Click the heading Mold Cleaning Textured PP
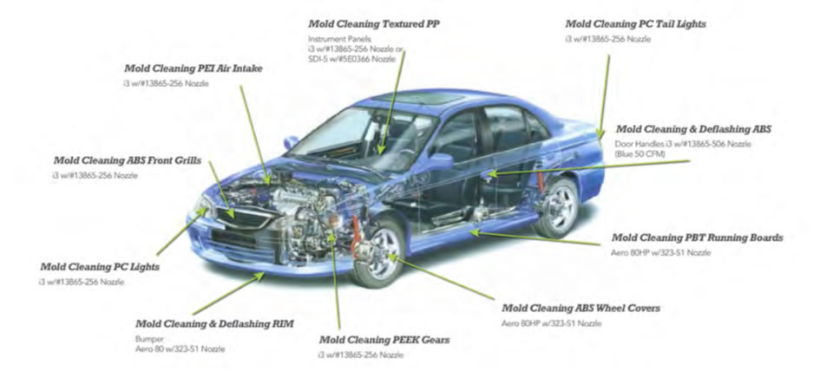point(373,23)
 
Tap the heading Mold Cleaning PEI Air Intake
point(193,68)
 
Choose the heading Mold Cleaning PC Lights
point(101,267)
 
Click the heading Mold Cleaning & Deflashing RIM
point(213,323)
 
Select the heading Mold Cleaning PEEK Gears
point(384,339)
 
